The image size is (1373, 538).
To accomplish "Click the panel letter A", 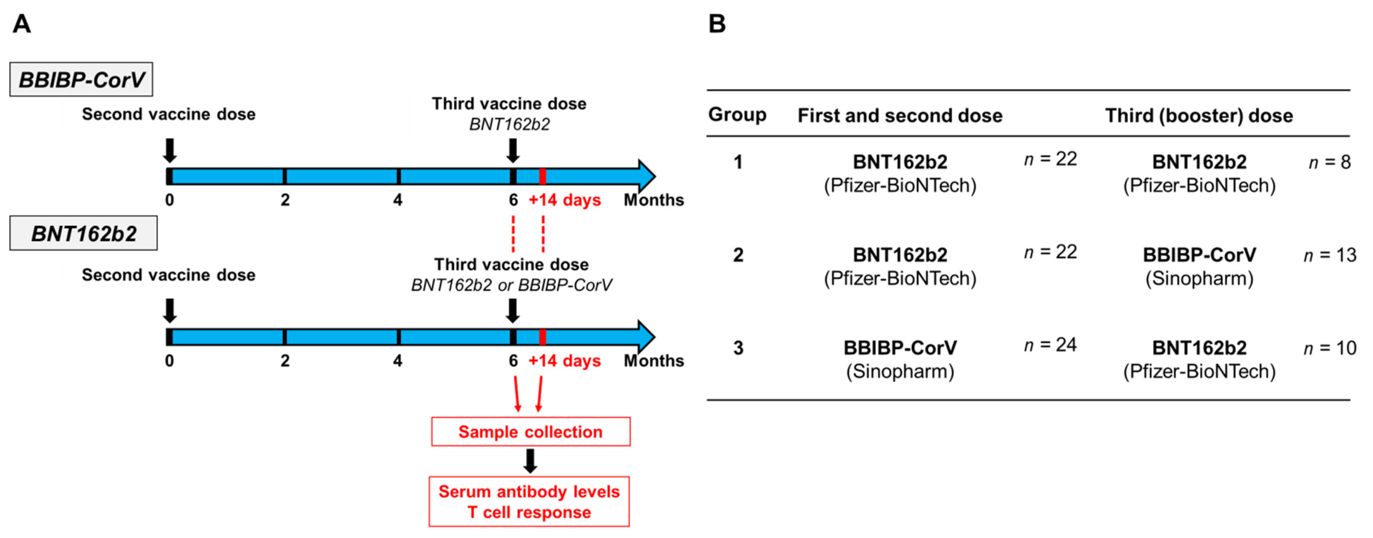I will point(22,24).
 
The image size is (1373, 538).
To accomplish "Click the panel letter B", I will point(717,24).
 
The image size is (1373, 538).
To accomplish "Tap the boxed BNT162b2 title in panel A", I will point(84,233).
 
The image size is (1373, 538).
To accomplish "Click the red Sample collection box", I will point(530,432).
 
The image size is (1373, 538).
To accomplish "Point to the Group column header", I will point(737,115).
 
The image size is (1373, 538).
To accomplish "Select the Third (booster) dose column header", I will point(1199,116).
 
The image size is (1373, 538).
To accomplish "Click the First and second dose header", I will point(900,116).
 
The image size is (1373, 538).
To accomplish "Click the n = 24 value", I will point(1050,345).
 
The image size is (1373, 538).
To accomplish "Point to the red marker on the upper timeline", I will point(542,176).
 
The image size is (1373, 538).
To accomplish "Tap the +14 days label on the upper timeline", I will point(564,200).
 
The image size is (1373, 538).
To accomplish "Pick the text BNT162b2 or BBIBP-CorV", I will point(511,285).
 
